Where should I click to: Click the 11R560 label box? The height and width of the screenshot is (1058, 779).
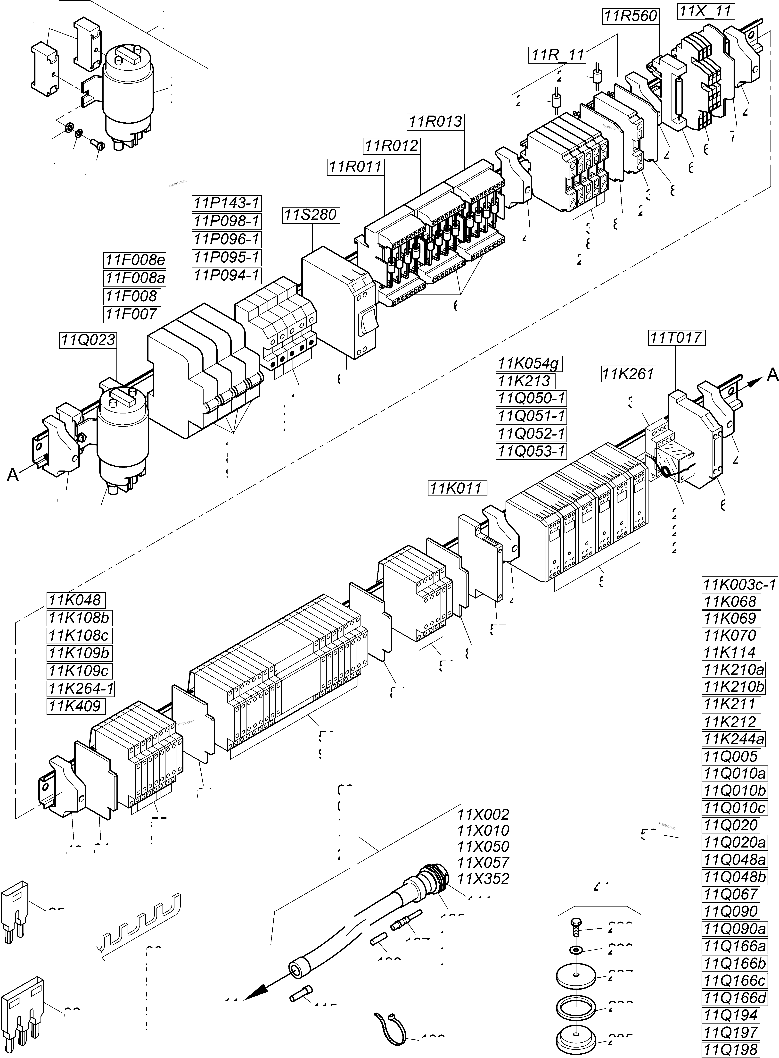(631, 16)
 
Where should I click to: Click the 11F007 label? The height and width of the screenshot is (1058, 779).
(131, 314)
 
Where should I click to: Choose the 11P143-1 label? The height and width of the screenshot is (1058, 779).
(226, 203)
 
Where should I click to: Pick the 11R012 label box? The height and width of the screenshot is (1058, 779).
(391, 146)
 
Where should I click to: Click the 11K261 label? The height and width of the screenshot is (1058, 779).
(628, 374)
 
